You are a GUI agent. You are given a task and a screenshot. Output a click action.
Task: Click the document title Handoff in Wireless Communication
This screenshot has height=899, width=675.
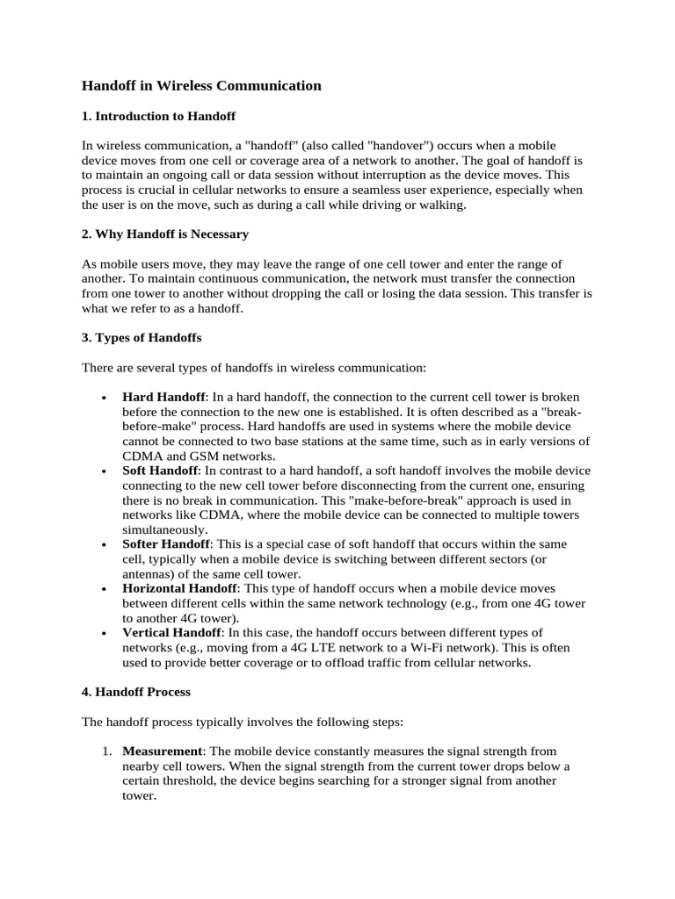(201, 86)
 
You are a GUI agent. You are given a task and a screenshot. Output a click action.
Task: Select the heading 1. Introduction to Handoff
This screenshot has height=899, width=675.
(158, 116)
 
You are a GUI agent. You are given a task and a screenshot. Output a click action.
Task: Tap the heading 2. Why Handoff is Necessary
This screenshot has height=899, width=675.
(165, 234)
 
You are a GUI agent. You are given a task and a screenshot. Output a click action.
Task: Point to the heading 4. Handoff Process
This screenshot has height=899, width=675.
(136, 692)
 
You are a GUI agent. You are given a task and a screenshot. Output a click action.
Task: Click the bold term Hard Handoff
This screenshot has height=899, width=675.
(163, 398)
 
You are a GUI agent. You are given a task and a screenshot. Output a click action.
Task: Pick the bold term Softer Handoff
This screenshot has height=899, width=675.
(166, 544)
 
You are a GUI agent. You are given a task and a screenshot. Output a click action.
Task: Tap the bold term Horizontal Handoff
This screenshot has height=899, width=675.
(178, 588)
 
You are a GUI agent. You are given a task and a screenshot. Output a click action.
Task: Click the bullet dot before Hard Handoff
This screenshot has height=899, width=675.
(105, 399)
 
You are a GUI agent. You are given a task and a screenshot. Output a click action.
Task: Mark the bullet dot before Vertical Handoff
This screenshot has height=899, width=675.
(105, 634)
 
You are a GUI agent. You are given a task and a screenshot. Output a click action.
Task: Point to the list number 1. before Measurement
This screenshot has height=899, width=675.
(105, 752)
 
